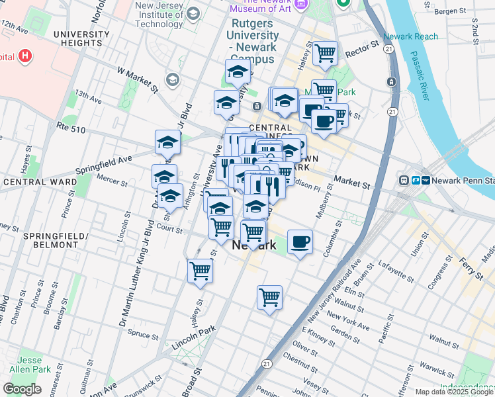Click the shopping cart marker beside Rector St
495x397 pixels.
tap(325, 53)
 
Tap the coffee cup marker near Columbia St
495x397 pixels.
tap(300, 242)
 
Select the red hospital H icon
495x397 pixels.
tap(25, 56)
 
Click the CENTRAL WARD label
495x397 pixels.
tap(33, 181)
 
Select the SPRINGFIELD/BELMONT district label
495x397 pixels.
tap(52, 241)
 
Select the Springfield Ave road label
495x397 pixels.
tap(104, 160)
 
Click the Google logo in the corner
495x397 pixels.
tap(22, 389)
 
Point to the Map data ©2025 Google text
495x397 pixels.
tap(454, 392)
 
